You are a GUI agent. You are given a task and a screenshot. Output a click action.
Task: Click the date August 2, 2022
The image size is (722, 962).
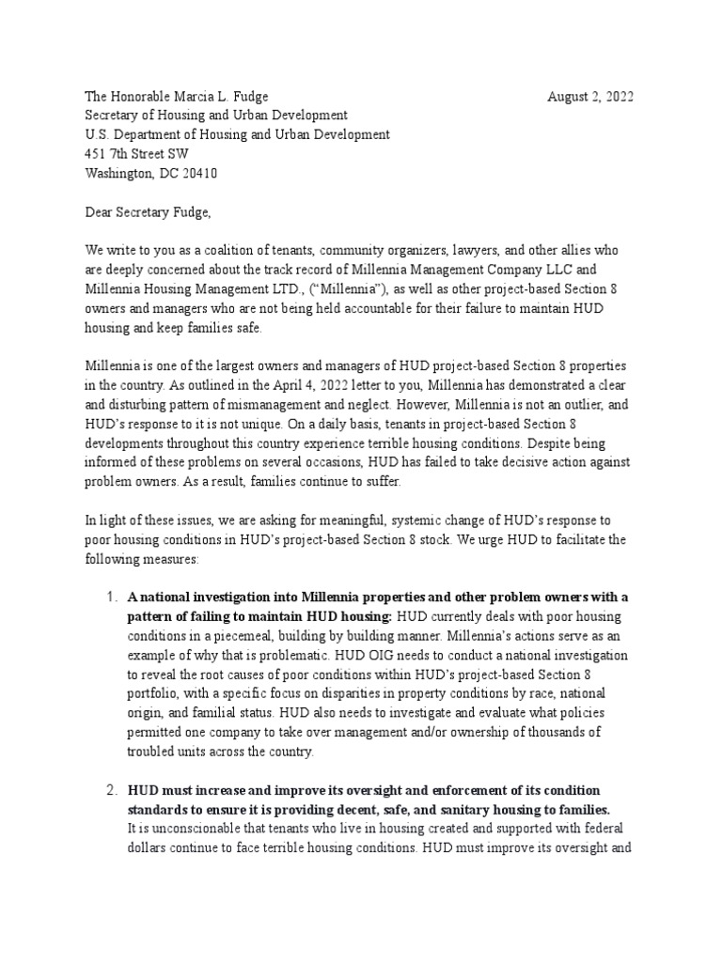(x=590, y=97)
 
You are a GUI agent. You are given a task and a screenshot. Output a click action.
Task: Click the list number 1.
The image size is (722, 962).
(x=109, y=597)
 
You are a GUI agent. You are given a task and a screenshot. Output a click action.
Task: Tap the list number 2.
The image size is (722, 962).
(x=109, y=789)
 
